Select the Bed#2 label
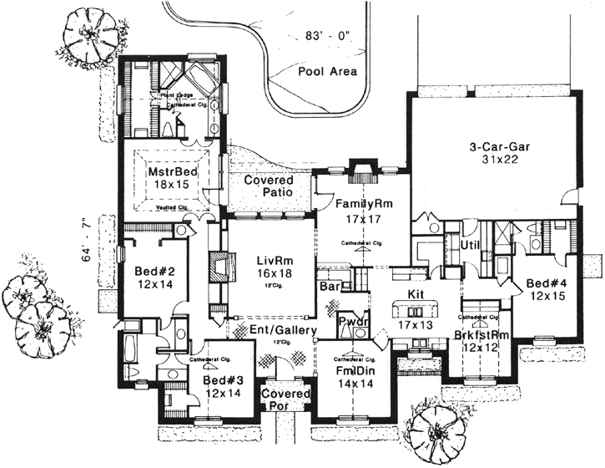coord(154,271)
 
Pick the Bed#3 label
coord(224,380)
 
